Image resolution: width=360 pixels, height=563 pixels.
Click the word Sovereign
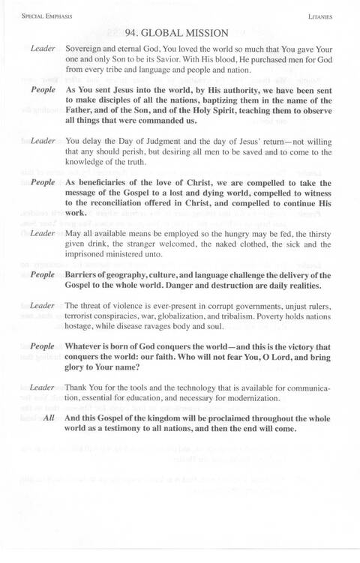click(88, 49)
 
